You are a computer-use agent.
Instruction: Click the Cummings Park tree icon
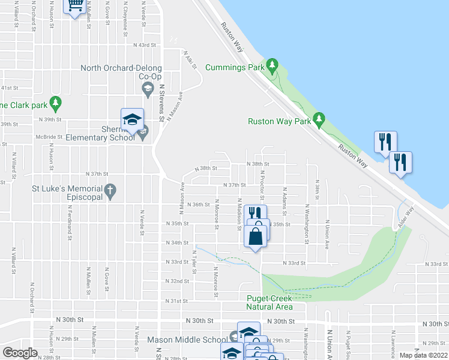click(273, 64)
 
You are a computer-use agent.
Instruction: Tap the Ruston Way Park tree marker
click(319, 118)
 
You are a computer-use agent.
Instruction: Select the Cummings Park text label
click(235, 68)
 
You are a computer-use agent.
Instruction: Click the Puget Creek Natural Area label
click(270, 302)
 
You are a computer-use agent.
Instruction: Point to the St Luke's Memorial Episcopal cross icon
click(110, 191)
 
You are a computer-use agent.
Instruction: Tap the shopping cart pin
click(75, 6)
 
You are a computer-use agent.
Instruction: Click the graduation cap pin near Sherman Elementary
click(132, 118)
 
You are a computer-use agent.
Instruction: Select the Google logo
click(20, 353)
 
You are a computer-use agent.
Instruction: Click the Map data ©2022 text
click(423, 355)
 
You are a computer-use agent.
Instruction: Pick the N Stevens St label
click(161, 100)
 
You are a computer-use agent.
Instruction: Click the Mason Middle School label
click(187, 340)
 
